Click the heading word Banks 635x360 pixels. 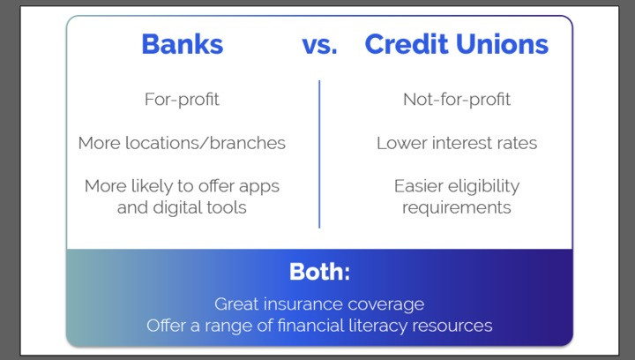click(183, 44)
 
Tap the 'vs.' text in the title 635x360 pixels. click(319, 44)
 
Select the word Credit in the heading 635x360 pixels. click(407, 44)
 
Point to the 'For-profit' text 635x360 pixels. click(182, 100)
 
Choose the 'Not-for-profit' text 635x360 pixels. click(457, 100)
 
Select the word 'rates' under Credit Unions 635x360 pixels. click(517, 144)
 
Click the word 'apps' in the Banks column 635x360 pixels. click(259, 187)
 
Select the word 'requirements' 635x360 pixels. click(457, 208)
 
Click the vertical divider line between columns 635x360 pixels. click(319, 154)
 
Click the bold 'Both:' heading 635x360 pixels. click(319, 272)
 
